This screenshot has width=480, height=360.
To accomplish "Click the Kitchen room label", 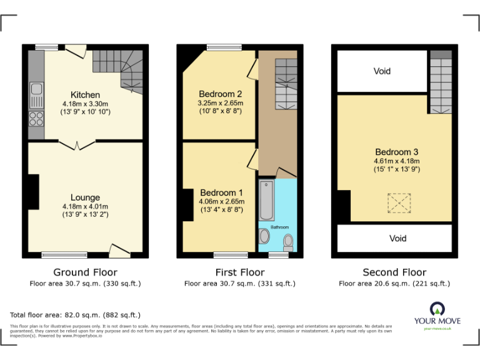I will click(85, 95).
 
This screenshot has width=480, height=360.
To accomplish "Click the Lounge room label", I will click(85, 197).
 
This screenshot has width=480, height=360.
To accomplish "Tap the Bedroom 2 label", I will click(220, 94).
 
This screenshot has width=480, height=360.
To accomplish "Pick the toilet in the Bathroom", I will click(288, 241).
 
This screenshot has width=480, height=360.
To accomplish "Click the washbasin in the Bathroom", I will click(264, 236).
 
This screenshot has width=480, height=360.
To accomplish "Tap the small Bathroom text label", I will click(279, 227).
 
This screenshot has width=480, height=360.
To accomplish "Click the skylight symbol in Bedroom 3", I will click(396, 202).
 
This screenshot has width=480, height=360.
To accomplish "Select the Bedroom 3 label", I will click(397, 152).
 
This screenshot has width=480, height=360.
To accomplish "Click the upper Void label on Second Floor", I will click(382, 71).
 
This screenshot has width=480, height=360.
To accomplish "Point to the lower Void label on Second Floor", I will click(397, 238).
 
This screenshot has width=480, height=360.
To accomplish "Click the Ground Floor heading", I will click(85, 272).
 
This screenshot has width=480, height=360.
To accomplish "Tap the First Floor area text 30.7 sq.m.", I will click(239, 284).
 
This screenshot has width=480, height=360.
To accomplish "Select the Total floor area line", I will click(76, 315).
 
